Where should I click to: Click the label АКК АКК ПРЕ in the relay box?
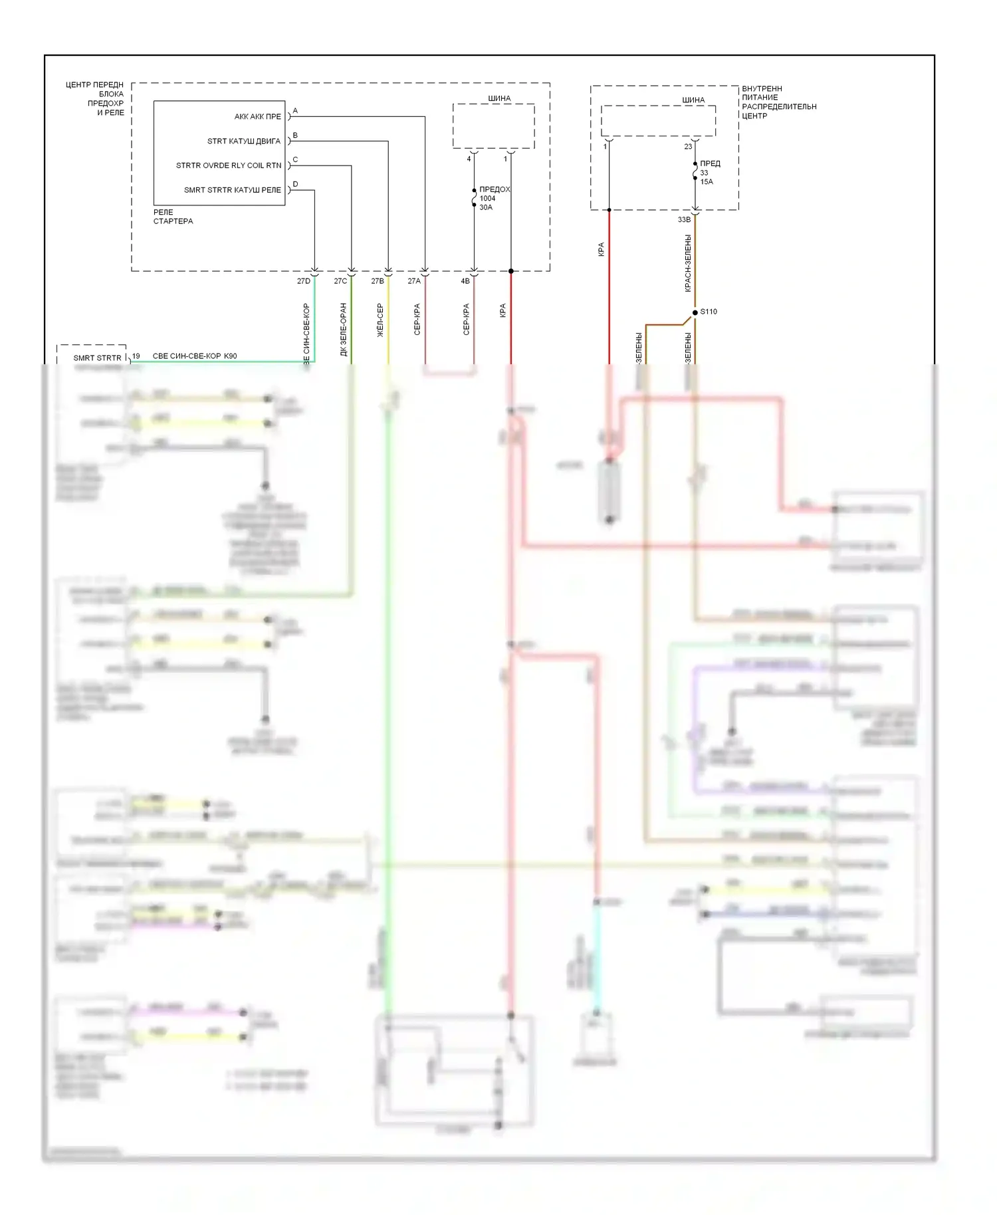click(257, 117)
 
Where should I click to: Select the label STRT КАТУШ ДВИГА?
click(243, 142)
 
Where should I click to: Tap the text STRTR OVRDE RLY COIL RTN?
click(228, 166)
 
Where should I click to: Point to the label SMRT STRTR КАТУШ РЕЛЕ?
click(232, 190)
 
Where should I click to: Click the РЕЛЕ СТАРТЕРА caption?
click(173, 217)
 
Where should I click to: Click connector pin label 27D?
click(304, 281)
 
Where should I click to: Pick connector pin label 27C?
click(340, 281)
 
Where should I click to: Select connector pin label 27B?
click(378, 281)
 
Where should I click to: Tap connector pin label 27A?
click(414, 281)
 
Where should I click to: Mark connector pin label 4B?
click(465, 281)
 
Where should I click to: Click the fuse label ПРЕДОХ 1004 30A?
click(494, 198)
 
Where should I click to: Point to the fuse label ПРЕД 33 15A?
click(709, 172)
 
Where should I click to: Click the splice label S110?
click(709, 312)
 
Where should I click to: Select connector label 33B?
click(684, 220)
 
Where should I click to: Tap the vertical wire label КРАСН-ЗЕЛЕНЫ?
click(688, 263)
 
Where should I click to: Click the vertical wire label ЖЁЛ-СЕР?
click(380, 320)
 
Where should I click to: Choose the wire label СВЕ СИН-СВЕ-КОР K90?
click(195, 356)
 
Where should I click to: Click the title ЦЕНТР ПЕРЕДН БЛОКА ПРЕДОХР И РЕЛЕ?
click(96, 99)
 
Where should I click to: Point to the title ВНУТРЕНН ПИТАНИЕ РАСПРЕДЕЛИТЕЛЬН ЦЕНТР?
click(778, 102)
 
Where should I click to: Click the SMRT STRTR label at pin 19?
click(97, 358)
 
